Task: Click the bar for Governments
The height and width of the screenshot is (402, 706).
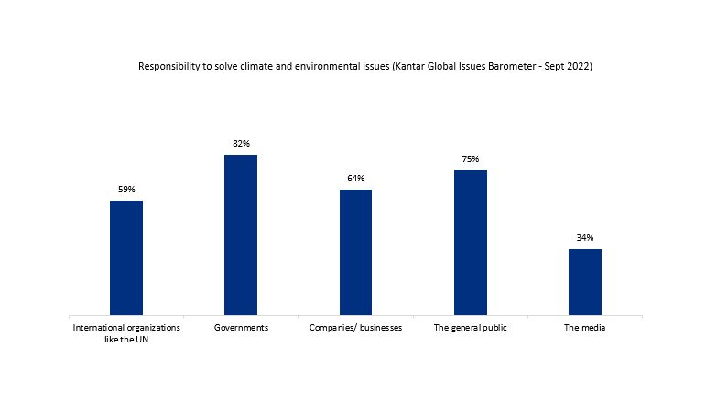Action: click(x=241, y=235)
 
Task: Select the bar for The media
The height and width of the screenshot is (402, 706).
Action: click(x=585, y=282)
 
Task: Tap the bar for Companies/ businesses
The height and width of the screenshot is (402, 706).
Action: click(x=355, y=253)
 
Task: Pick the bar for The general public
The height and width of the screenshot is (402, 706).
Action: click(x=471, y=243)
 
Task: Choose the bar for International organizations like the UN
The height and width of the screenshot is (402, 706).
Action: click(x=126, y=258)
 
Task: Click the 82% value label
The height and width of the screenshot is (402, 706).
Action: click(x=241, y=144)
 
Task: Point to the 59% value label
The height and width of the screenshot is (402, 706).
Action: click(x=126, y=190)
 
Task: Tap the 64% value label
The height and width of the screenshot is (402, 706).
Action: click(x=355, y=179)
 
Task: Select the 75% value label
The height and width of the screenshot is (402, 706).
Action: click(x=471, y=159)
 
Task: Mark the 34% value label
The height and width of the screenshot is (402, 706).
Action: click(x=585, y=238)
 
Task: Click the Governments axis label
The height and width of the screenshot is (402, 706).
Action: click(x=241, y=328)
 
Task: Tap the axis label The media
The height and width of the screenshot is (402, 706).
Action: click(x=585, y=328)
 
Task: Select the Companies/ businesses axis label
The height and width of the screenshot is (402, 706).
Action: click(x=355, y=328)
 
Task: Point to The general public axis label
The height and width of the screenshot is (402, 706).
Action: click(x=471, y=328)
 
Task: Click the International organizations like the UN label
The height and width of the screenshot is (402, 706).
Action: click(x=126, y=333)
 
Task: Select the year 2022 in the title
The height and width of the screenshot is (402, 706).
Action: click(x=579, y=67)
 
